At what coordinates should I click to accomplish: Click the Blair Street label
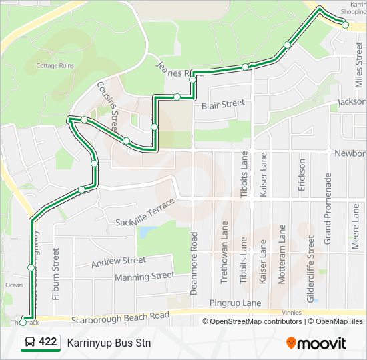click(x=223, y=104)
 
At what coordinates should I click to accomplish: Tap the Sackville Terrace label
click(x=145, y=212)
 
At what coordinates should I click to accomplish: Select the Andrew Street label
click(x=119, y=261)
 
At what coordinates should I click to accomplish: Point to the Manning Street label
click(x=145, y=276)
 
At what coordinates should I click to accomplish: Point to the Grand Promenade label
click(x=328, y=208)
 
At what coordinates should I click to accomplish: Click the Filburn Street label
click(x=56, y=274)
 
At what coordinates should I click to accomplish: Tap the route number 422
click(x=47, y=342)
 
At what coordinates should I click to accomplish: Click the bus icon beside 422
click(x=30, y=343)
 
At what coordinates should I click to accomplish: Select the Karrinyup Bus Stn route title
click(x=109, y=343)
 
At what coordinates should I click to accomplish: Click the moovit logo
click(x=316, y=343)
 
